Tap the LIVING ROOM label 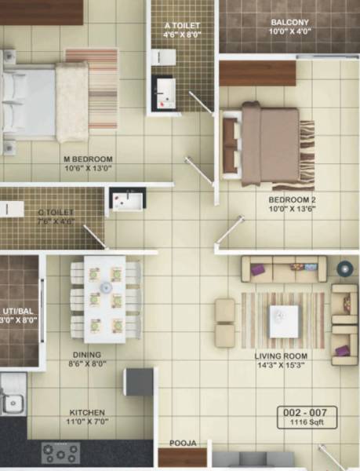[281, 356]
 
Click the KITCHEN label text [86, 412]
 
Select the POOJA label [182, 443]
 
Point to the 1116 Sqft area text [311, 422]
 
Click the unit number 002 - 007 [311, 411]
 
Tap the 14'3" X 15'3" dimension [281, 366]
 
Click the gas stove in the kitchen [60, 453]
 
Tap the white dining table [104, 298]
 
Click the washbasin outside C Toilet [125, 201]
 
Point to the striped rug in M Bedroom [102, 89]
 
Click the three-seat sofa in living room [284, 269]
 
